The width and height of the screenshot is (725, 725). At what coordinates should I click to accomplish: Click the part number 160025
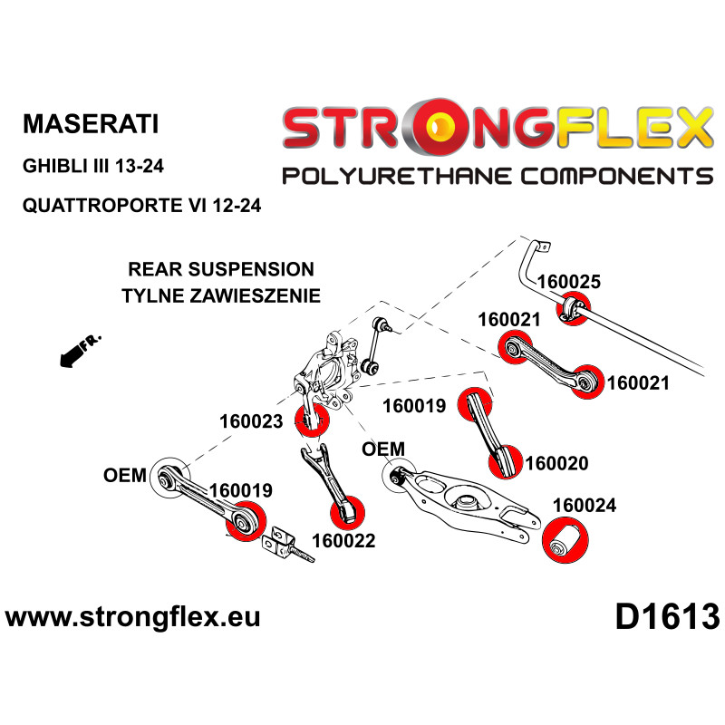tap(569, 282)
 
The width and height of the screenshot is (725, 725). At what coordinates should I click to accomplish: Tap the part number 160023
tap(251, 421)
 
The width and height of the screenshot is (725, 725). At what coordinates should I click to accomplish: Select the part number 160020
tap(556, 463)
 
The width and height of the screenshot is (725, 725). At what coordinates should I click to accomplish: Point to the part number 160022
tap(343, 540)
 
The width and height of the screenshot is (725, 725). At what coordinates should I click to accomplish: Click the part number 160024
tap(585, 506)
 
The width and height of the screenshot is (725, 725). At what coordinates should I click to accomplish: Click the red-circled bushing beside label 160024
tap(565, 540)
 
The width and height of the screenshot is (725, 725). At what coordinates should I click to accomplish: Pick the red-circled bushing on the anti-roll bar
tap(574, 308)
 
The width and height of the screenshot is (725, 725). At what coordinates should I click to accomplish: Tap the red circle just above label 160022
tap(348, 512)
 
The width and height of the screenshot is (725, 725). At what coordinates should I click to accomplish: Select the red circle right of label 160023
tap(312, 420)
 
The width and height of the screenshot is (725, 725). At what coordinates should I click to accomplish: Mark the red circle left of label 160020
tap(506, 462)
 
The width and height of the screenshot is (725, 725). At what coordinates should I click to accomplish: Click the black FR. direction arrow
tap(80, 351)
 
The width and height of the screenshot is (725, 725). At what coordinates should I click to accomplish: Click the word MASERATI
tap(91, 124)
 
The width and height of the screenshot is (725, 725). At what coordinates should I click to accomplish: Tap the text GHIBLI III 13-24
tap(93, 166)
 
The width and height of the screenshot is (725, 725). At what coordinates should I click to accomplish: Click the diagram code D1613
tap(667, 617)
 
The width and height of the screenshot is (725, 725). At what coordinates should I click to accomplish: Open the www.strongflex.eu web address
tap(132, 617)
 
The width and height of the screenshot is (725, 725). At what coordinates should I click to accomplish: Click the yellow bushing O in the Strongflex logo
tap(439, 127)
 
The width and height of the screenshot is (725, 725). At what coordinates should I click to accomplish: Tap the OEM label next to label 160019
tap(125, 475)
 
